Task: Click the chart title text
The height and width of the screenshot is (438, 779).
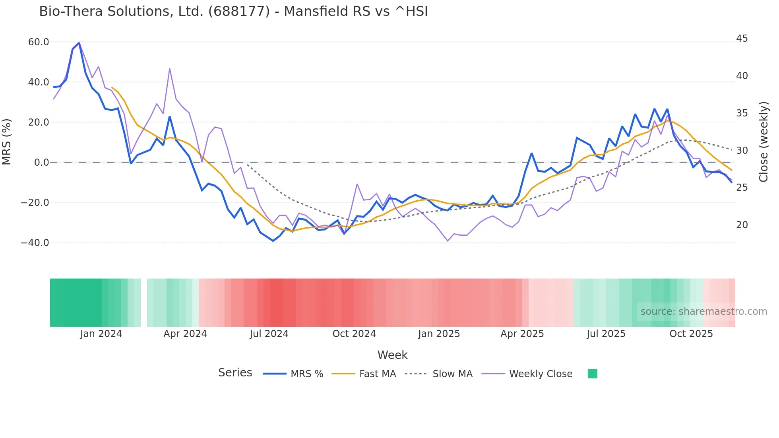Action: tap(233, 12)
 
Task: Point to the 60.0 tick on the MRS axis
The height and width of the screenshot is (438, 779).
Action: tap(39, 42)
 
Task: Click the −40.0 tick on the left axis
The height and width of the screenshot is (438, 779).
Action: tap(35, 243)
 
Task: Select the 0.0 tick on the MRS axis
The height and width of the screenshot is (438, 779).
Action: tap(41, 163)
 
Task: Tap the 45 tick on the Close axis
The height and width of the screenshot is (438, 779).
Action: tap(742, 39)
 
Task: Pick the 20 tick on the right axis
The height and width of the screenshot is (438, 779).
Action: tap(742, 225)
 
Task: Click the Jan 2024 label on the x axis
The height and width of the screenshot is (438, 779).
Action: tap(101, 334)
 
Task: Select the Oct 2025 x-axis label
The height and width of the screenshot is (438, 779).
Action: tap(691, 334)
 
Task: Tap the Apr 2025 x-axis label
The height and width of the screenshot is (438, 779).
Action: tap(522, 334)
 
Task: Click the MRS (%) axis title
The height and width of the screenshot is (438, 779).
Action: tap(7, 142)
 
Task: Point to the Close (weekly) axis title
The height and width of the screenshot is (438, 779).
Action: tap(763, 142)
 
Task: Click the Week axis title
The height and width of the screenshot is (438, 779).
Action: tap(392, 355)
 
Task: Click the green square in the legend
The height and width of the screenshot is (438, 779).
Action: tap(592, 374)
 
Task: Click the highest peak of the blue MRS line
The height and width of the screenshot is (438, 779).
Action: tap(79, 43)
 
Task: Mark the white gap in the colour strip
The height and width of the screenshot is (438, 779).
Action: tap(144, 302)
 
